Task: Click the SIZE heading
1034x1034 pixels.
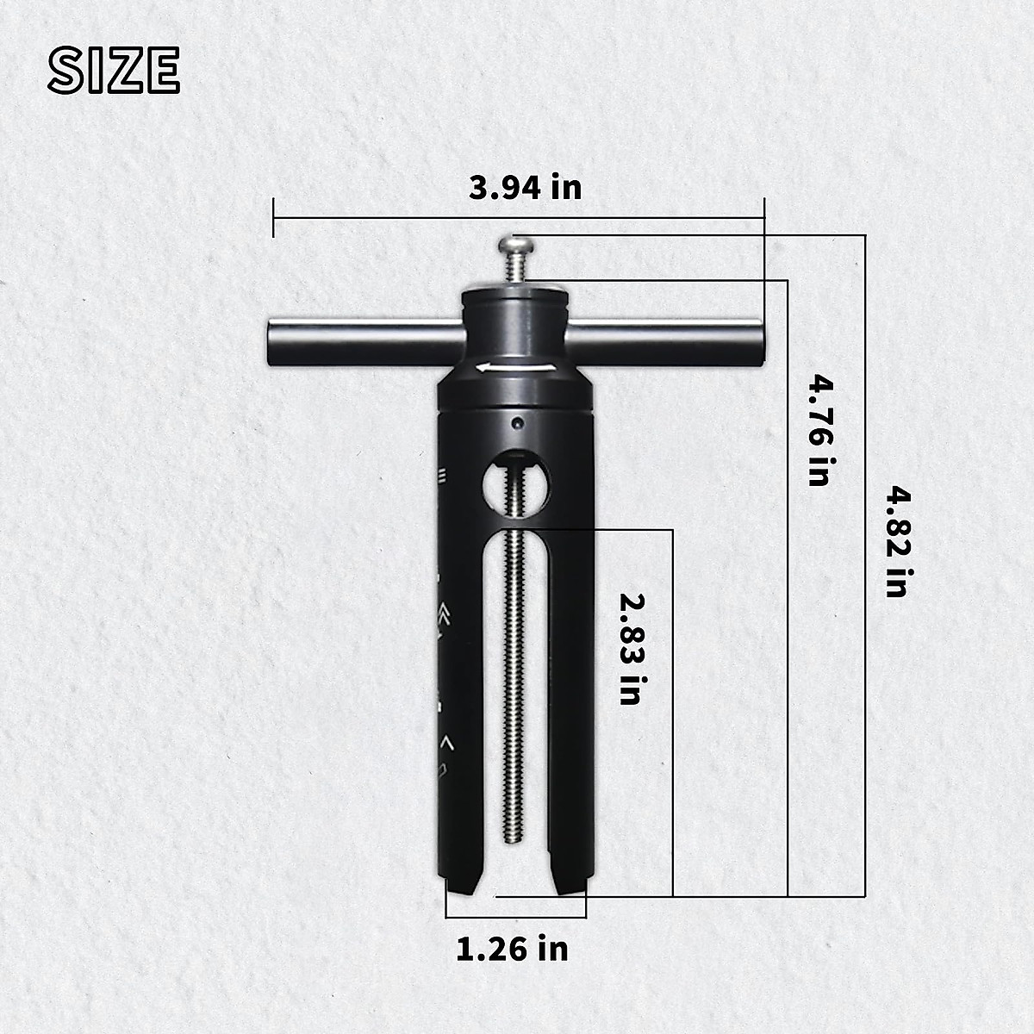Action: pyautogui.click(x=113, y=70)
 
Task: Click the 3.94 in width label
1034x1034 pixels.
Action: pyautogui.click(x=525, y=187)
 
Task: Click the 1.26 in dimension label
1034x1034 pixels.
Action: pyautogui.click(x=512, y=949)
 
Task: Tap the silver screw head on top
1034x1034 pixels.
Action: pyautogui.click(x=516, y=247)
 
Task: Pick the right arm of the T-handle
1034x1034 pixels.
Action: pyautogui.click(x=672, y=341)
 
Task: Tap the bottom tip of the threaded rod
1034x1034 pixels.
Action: pyautogui.click(x=514, y=841)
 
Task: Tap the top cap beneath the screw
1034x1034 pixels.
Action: pyautogui.click(x=515, y=296)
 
